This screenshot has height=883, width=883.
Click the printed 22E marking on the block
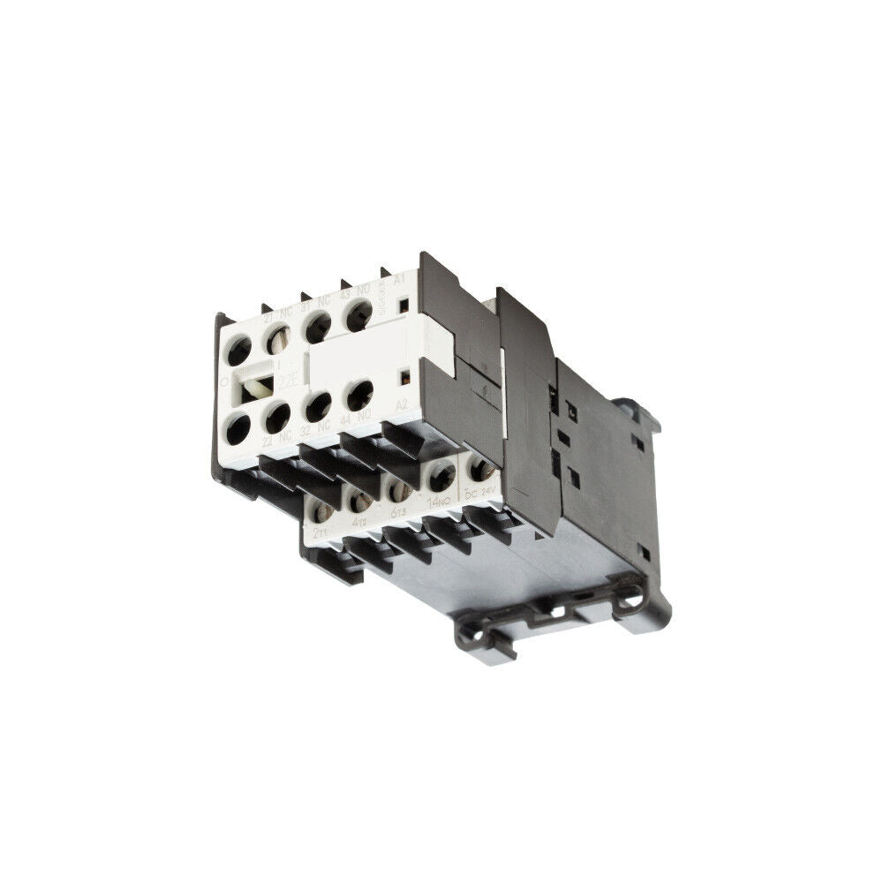tap(287, 381)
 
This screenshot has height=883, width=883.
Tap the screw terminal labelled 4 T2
tap(360, 500)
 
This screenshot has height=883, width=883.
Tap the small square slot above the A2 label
tap(404, 379)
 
